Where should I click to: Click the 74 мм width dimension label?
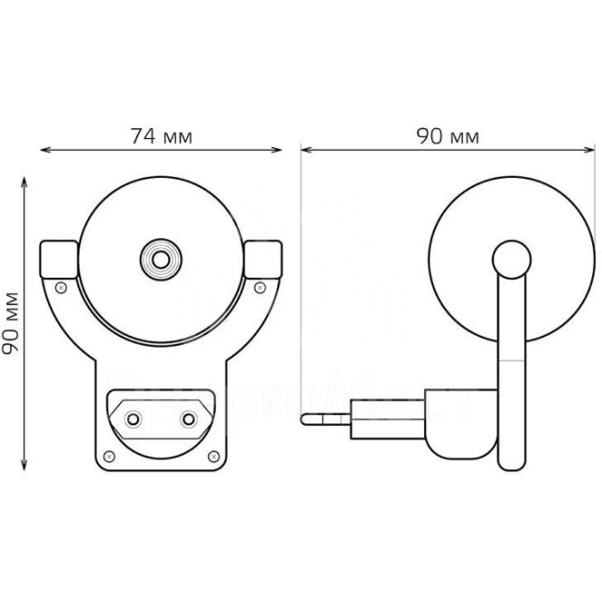click(162, 136)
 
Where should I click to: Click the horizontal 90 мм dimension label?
click(448, 136)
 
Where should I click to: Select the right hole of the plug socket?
click(190, 420)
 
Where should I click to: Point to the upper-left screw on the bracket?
click(60, 287)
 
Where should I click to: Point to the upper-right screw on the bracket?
click(261, 287)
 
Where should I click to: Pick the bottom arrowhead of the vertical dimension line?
click(24, 468)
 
